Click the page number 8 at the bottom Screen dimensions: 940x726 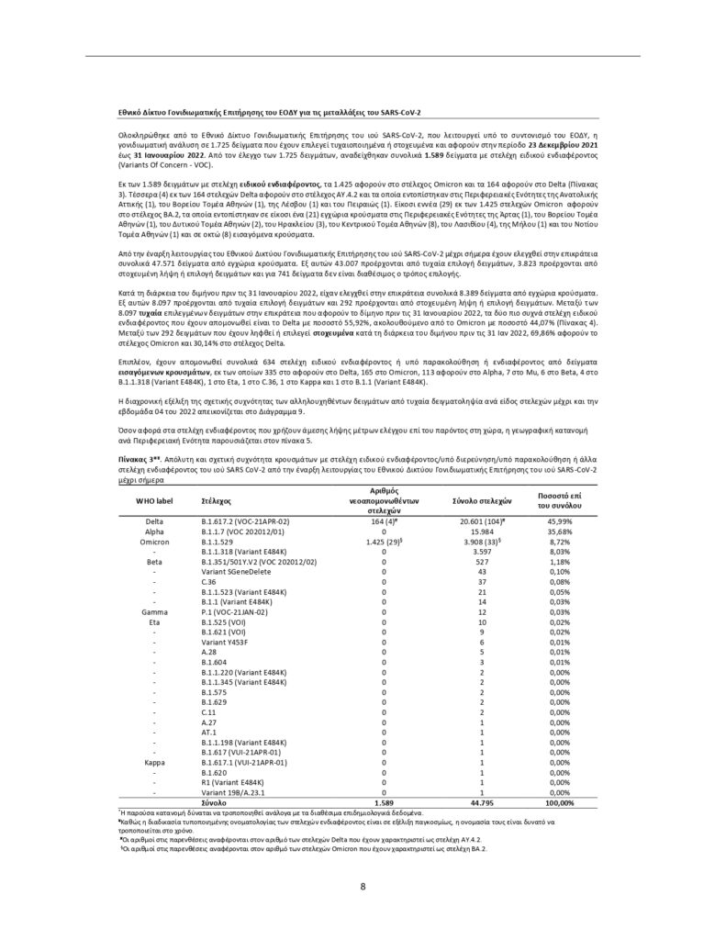(x=363, y=886)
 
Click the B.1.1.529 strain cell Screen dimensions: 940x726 (x=219, y=543)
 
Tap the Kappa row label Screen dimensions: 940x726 (x=154, y=762)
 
